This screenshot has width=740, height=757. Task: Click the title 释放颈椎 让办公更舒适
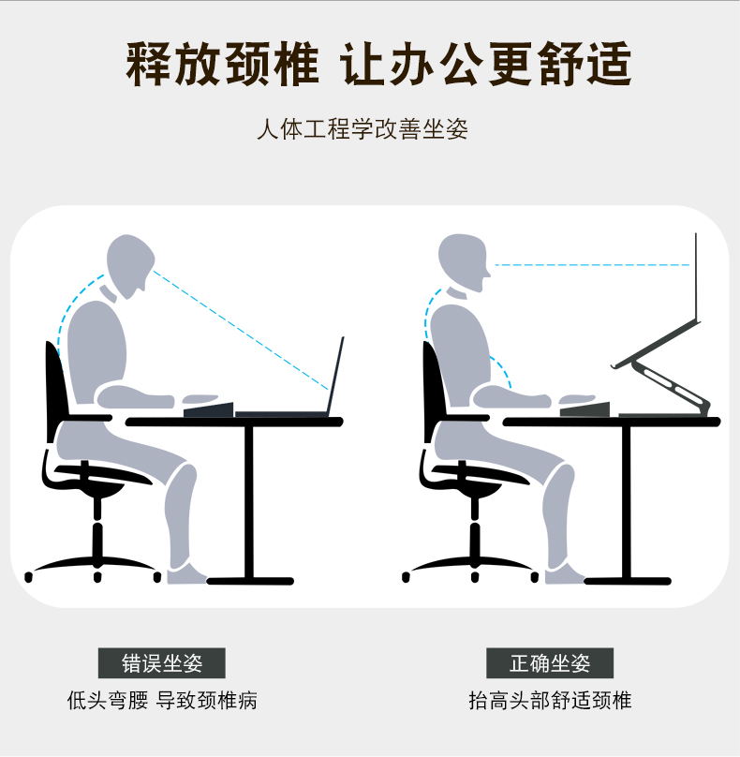378,65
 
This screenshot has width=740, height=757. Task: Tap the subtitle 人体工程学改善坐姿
362,129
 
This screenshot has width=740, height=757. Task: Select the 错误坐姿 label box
162,663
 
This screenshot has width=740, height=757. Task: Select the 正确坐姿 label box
550,663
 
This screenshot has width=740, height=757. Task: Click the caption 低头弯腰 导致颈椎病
162,701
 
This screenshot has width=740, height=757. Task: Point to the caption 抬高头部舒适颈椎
550,701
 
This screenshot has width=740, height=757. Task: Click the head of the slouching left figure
128,264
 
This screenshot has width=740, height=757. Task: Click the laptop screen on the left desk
335,376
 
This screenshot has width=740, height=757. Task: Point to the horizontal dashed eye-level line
592,265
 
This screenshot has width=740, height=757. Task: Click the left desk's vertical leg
249,502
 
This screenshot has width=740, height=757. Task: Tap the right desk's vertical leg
626,502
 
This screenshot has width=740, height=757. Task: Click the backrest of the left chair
55,391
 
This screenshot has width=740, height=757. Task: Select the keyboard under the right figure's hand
585,409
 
